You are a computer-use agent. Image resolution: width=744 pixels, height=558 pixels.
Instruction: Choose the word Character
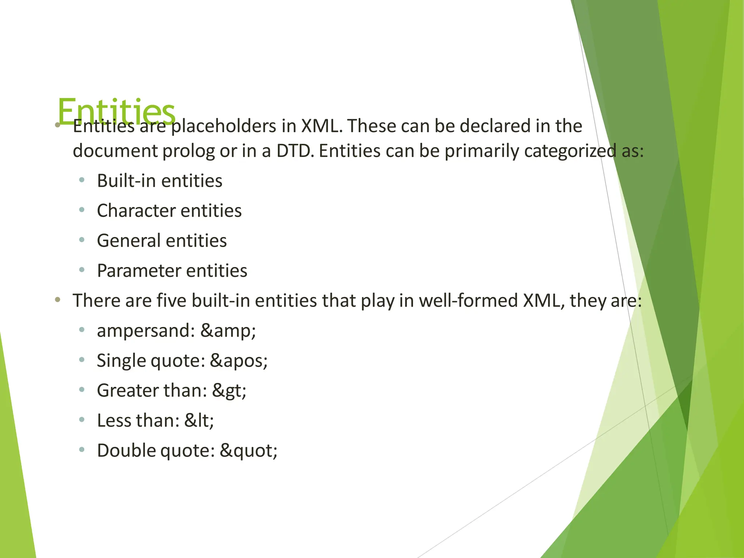[136, 211]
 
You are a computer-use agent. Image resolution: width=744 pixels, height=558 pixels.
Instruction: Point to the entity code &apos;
[239, 361]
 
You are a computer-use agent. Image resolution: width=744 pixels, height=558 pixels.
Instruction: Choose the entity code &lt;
[199, 421]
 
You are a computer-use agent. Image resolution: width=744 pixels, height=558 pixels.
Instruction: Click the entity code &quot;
[248, 451]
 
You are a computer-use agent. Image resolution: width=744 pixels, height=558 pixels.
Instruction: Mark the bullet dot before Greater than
[82, 390]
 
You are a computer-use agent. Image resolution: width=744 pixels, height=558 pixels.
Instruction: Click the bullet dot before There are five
[57, 300]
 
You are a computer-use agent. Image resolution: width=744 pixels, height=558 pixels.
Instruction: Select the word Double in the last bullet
[126, 450]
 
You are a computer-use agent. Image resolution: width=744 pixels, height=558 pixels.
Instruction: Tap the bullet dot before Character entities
[82, 210]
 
